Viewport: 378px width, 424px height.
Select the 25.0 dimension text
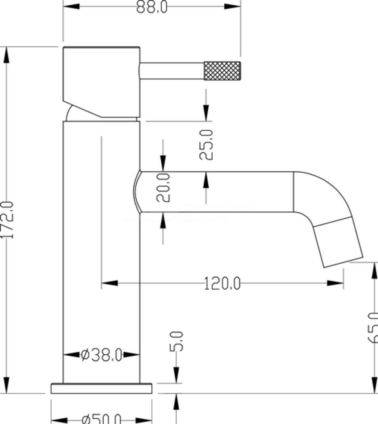click(206, 144)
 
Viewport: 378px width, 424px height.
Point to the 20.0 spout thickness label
click(164, 187)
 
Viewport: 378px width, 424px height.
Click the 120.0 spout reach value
click(222, 283)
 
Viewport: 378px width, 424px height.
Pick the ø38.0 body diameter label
click(101, 355)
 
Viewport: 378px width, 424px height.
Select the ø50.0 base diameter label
click(101, 419)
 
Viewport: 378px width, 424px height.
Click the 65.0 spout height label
click(373, 328)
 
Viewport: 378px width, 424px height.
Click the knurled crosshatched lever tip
click(222, 71)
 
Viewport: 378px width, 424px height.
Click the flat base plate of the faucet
click(101, 388)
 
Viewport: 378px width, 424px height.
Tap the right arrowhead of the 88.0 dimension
click(232, 7)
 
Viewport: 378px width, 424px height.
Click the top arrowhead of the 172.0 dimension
click(7, 55)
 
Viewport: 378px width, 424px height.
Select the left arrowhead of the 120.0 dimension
click(109, 283)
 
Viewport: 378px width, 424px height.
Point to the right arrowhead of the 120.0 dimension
click(336, 283)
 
